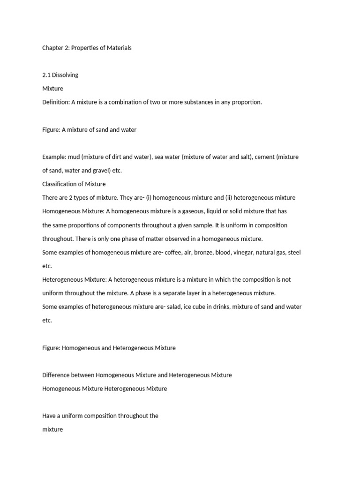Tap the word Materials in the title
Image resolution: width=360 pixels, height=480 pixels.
(x=118, y=48)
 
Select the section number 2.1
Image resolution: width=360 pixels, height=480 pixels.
(x=46, y=75)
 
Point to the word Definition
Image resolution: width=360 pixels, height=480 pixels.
(x=56, y=102)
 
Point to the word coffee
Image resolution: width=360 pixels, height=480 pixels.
(x=168, y=252)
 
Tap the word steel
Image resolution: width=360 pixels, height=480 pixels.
(x=294, y=252)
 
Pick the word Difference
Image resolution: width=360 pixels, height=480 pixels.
(x=59, y=375)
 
